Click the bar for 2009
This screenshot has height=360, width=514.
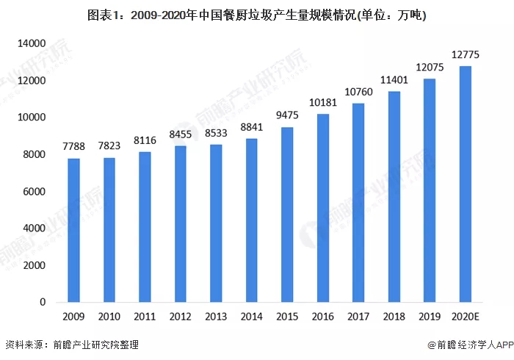[73, 230]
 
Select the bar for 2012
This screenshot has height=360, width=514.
[181, 224]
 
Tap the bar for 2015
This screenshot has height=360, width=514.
[287, 215]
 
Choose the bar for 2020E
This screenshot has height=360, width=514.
[465, 184]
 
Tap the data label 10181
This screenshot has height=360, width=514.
[322, 104]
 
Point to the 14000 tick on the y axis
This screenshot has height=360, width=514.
[33, 44]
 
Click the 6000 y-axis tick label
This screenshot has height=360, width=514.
[35, 192]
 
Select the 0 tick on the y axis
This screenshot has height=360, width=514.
[44, 302]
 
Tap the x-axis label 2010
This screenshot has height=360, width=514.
[109, 317]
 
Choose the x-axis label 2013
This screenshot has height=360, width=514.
[216, 317]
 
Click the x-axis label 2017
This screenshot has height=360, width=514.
[358, 317]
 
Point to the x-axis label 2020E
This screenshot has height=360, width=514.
[465, 317]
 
